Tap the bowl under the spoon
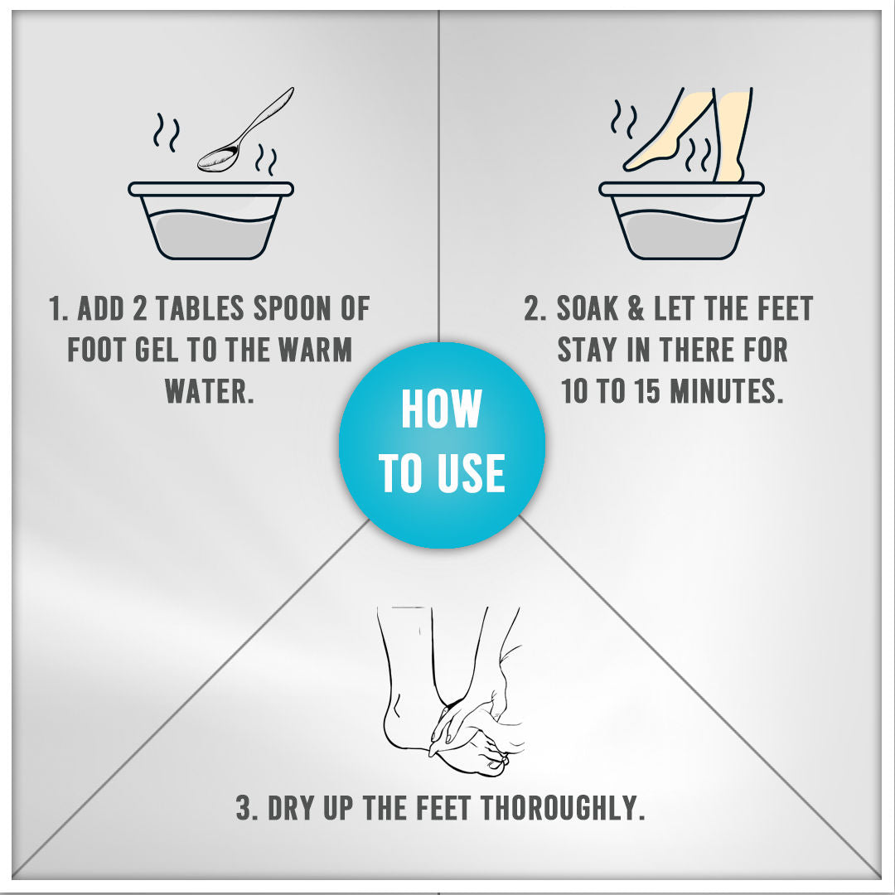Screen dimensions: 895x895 click(210, 220)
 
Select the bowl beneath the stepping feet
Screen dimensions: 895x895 click(681, 220)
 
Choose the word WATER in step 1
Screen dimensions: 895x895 click(209, 391)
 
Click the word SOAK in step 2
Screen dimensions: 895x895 click(588, 309)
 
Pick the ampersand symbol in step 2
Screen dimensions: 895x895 click(636, 309)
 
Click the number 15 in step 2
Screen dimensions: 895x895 click(648, 391)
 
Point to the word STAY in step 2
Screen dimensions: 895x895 click(587, 350)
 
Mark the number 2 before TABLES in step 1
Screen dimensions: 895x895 click(139, 309)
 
